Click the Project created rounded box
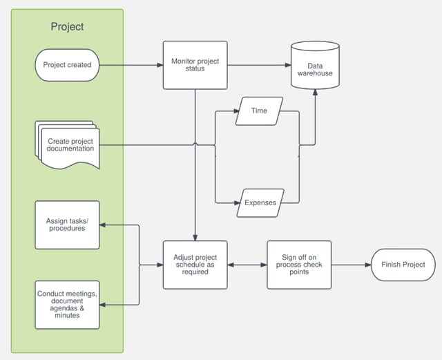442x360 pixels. pos(67,66)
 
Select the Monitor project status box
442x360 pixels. pos(195,65)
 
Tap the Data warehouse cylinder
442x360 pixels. pos(315,66)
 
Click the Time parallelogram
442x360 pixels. pos(259,111)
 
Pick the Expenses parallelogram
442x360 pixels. pos(260,203)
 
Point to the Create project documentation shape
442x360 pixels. pos(70,146)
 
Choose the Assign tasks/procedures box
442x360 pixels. pos(67,225)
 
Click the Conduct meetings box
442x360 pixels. pos(67,305)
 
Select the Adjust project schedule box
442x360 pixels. pos(195,265)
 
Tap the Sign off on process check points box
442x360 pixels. pos(299,265)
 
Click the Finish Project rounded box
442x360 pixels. pos(403,265)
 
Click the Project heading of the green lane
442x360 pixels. pos(67,27)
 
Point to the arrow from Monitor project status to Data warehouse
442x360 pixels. pos(259,66)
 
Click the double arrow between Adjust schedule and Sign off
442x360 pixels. pos(247,265)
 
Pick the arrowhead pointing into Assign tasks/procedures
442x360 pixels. pos(104,225)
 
